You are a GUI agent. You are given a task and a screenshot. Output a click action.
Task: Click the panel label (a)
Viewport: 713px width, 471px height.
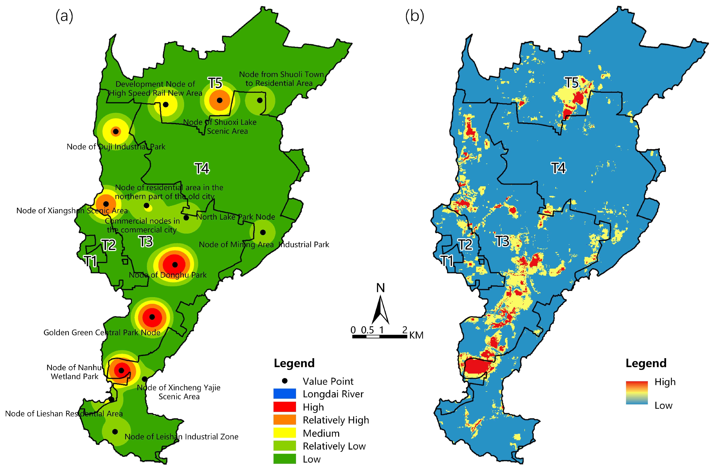coord(64,16)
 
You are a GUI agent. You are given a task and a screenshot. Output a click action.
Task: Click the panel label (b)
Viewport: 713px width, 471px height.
coord(414,16)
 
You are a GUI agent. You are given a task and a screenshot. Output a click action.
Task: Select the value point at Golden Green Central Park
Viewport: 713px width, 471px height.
coord(152,317)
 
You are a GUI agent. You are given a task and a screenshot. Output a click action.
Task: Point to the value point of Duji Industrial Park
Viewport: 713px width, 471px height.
coord(115,132)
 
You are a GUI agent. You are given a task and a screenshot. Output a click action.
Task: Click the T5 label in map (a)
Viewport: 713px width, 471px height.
coord(215,83)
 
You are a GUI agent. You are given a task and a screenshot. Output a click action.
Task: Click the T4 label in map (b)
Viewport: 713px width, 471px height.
coord(558,168)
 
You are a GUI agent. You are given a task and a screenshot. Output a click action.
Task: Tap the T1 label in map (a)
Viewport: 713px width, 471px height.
coord(90,261)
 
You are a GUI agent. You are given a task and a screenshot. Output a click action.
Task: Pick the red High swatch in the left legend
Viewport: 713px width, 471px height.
coord(285,407)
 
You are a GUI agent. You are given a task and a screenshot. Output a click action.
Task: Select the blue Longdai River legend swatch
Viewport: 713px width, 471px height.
coord(285,394)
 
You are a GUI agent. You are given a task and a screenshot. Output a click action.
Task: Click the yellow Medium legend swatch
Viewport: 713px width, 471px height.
coord(285,433)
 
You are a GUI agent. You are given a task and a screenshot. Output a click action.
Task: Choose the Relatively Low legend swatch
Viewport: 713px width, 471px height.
coord(285,446)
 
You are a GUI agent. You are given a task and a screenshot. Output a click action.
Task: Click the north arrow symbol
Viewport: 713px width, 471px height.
coord(381,309)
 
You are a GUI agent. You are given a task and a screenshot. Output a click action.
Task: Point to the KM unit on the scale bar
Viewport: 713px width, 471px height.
coord(416,335)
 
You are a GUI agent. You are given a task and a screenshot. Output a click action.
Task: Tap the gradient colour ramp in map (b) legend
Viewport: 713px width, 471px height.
coord(637,393)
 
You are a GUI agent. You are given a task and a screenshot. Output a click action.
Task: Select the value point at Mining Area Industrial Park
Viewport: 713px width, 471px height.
coord(263,232)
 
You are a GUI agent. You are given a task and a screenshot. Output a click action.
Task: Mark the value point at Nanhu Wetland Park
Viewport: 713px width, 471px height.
coord(121,371)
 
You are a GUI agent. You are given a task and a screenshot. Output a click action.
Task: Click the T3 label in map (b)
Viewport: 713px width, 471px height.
coord(502,241)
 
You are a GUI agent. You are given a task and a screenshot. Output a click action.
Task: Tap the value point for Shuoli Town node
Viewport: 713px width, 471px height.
coord(260,100)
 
